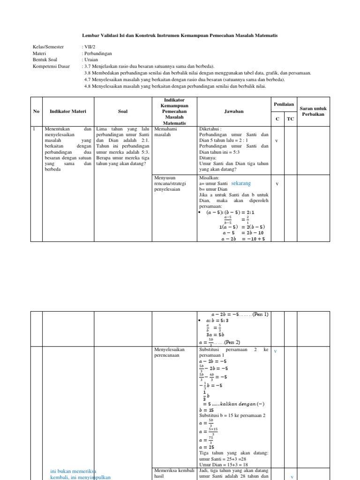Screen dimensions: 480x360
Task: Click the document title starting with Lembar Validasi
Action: click(x=180, y=36)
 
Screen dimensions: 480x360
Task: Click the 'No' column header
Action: click(x=36, y=111)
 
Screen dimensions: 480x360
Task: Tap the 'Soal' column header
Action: click(x=123, y=111)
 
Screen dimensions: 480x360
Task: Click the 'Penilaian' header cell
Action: click(x=284, y=104)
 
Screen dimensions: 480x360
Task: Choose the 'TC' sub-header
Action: click(x=290, y=119)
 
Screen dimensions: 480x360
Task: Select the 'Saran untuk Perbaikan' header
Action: click(x=314, y=111)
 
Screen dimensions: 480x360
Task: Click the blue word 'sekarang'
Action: click(x=241, y=184)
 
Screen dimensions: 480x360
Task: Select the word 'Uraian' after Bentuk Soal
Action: click(x=91, y=60)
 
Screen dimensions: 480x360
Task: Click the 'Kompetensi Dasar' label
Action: click(x=51, y=67)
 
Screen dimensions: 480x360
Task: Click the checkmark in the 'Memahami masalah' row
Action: click(x=277, y=141)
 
